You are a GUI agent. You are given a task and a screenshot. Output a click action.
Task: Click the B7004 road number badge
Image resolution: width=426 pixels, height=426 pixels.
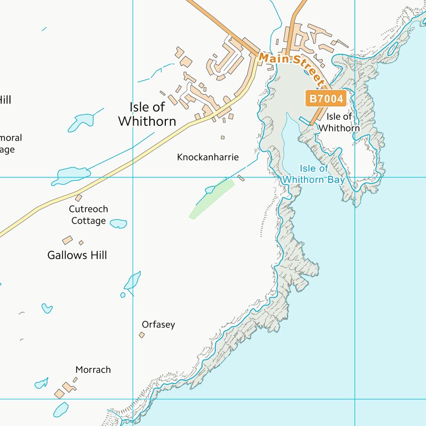click(326, 99)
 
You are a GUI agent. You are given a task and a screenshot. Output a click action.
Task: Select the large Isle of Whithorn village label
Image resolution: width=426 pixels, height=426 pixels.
click(147, 114)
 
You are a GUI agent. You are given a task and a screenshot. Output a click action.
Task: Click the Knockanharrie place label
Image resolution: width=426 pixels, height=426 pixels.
click(207, 158)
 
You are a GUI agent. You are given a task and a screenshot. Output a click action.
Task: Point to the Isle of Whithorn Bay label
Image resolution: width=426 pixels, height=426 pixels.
click(314, 174)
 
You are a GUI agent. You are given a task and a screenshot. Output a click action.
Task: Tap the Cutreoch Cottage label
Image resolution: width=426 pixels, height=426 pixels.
click(88, 215)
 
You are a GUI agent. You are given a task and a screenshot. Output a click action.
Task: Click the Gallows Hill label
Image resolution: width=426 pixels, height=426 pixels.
click(77, 255)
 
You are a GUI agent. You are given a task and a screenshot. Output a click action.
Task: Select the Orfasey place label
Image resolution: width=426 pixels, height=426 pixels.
click(158, 324)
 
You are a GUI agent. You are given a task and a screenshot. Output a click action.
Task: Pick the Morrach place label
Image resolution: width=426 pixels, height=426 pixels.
click(93, 369)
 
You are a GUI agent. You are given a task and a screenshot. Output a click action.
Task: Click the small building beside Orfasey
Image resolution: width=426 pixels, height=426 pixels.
click(141, 335)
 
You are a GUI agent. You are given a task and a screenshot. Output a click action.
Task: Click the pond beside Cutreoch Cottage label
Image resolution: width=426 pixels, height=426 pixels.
click(118, 224)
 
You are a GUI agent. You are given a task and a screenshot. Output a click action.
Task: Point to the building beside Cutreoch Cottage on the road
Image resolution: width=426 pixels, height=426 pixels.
click(78, 198)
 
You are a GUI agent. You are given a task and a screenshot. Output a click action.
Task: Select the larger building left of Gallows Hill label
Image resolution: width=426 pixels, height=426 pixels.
click(67, 240)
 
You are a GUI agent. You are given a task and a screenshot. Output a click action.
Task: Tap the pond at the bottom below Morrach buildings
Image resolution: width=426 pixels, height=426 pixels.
click(60, 409)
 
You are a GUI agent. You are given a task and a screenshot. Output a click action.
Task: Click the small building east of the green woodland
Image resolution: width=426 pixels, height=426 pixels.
click(241, 178)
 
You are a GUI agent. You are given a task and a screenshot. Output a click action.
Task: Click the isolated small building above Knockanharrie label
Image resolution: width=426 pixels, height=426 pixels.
click(223, 138)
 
